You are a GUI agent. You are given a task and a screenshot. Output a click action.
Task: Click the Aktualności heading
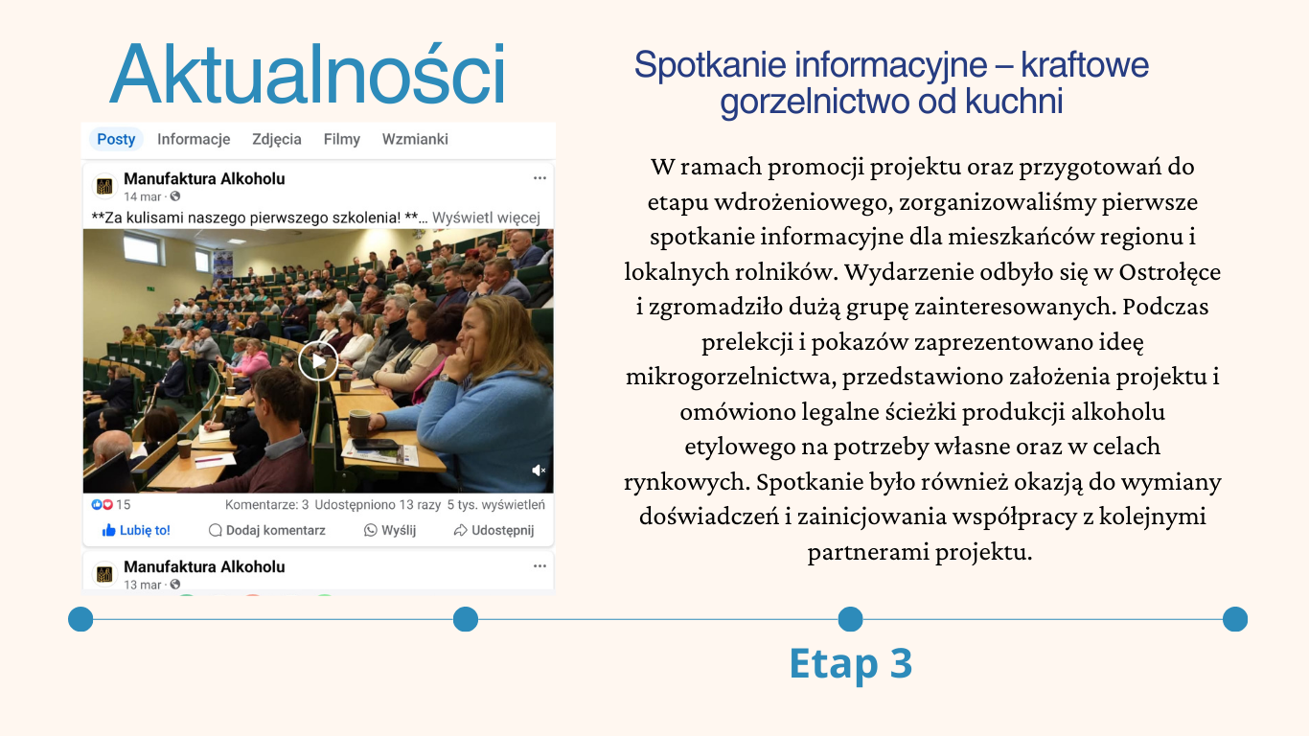[308, 74]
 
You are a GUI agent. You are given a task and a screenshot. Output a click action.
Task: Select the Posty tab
[116, 139]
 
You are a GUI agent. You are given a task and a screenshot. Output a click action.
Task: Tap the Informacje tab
[194, 139]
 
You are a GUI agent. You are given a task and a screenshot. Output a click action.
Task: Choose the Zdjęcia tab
[276, 140]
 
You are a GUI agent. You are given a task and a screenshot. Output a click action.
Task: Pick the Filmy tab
[342, 139]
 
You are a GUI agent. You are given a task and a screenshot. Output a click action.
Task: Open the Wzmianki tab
[415, 139]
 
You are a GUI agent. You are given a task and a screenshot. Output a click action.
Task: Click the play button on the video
[318, 360]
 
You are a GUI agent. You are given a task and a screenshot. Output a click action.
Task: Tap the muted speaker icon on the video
[539, 470]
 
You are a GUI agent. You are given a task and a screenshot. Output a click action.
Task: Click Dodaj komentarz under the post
[266, 530]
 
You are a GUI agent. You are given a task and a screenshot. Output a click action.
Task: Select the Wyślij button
[390, 530]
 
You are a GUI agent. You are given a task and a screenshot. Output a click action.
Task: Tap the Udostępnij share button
[494, 530]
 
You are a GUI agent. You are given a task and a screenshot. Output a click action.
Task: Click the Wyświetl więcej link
[486, 218]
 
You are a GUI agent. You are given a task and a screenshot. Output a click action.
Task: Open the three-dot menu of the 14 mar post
[540, 177]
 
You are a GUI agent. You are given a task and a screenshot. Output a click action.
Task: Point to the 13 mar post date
[142, 585]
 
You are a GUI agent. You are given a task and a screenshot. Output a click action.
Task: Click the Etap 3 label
[850, 663]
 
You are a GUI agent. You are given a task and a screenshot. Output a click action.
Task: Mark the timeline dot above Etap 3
[850, 619]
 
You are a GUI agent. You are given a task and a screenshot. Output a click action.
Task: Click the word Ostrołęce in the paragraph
[1169, 272]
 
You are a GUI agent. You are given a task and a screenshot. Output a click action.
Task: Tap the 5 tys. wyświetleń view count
[496, 504]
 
